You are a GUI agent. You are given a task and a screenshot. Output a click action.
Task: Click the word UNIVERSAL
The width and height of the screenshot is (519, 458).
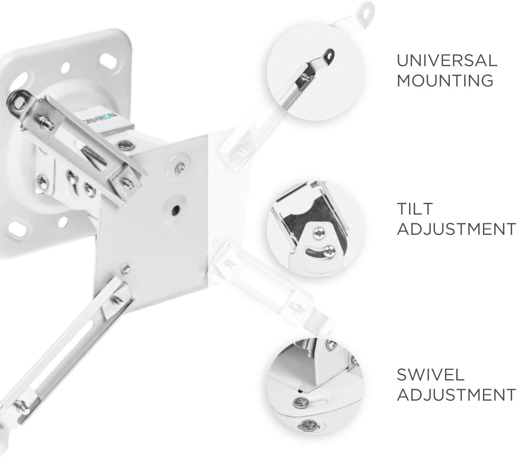coord(447,61)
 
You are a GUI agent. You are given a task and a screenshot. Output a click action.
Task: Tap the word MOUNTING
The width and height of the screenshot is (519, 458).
coord(445,80)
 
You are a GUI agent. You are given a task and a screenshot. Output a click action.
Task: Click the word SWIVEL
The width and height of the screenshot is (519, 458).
coord(430,375)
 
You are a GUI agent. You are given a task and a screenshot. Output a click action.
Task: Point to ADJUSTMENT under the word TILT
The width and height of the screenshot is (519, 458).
coord(456,229)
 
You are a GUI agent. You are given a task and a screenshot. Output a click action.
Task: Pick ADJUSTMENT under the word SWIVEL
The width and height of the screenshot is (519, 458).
coord(456,395)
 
